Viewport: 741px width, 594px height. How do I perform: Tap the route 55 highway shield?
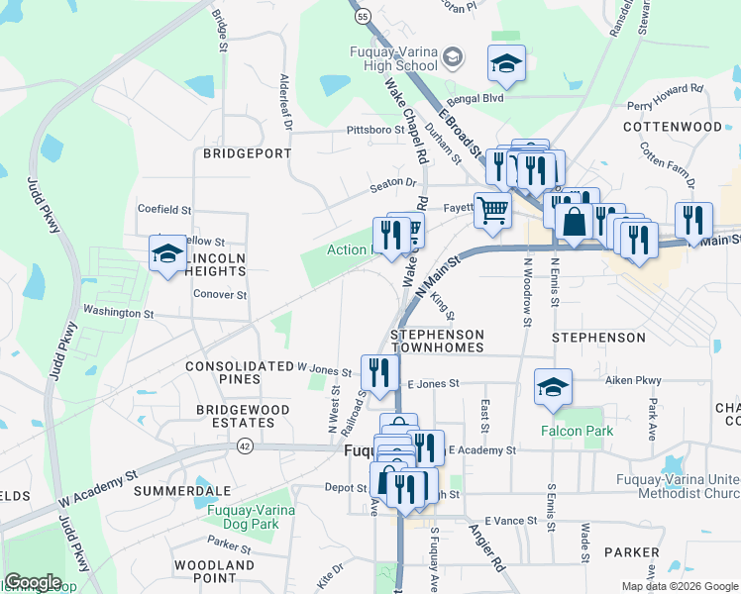pyautogui.click(x=364, y=17)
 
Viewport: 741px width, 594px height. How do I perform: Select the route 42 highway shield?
pyautogui.click(x=245, y=446)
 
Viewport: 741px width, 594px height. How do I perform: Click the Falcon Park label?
pyautogui.click(x=576, y=431)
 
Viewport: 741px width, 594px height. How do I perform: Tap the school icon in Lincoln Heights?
pyautogui.click(x=167, y=254)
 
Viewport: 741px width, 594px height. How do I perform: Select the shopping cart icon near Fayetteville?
pyautogui.click(x=491, y=211)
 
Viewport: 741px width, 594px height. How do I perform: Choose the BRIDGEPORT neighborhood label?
pyautogui.click(x=247, y=153)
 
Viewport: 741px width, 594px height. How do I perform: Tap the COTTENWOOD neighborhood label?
pyautogui.click(x=673, y=128)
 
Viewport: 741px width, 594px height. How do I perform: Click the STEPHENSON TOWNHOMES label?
pyautogui.click(x=437, y=342)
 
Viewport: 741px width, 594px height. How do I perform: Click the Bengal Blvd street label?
pyautogui.click(x=475, y=99)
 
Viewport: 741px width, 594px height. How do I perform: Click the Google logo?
pyautogui.click(x=33, y=582)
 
